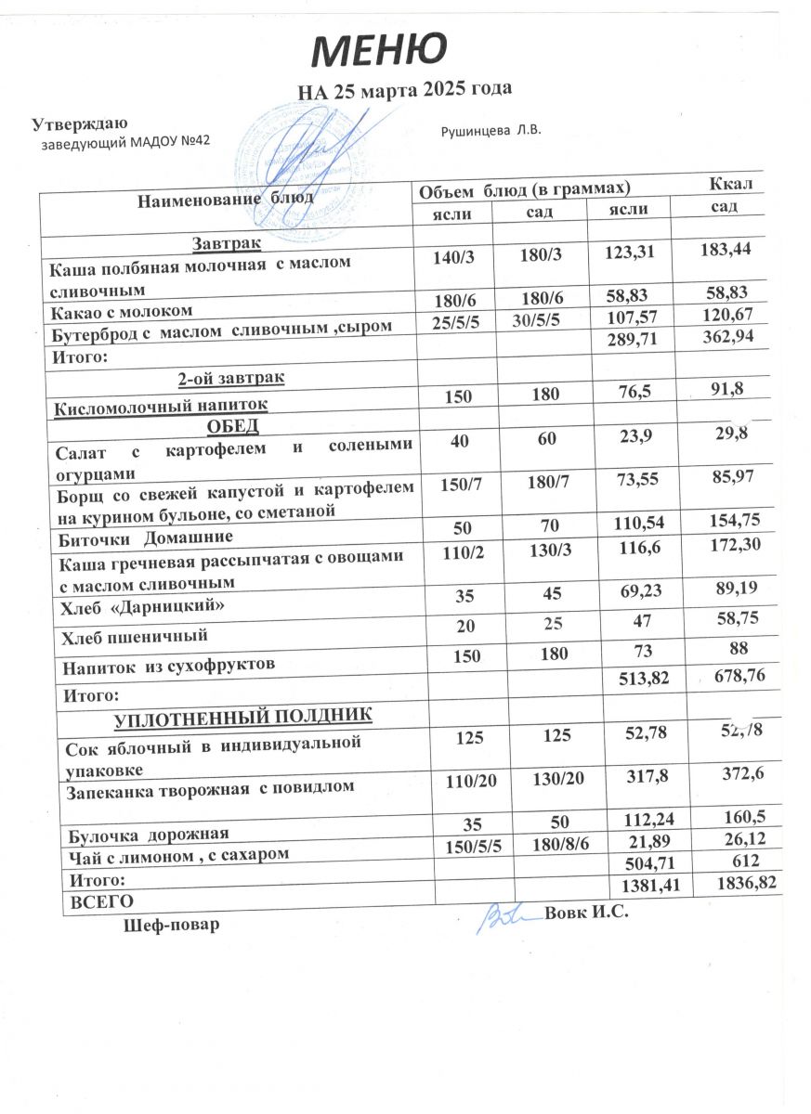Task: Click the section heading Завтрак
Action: (x=227, y=243)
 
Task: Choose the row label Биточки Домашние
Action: (x=146, y=537)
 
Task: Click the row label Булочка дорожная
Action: (x=145, y=833)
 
